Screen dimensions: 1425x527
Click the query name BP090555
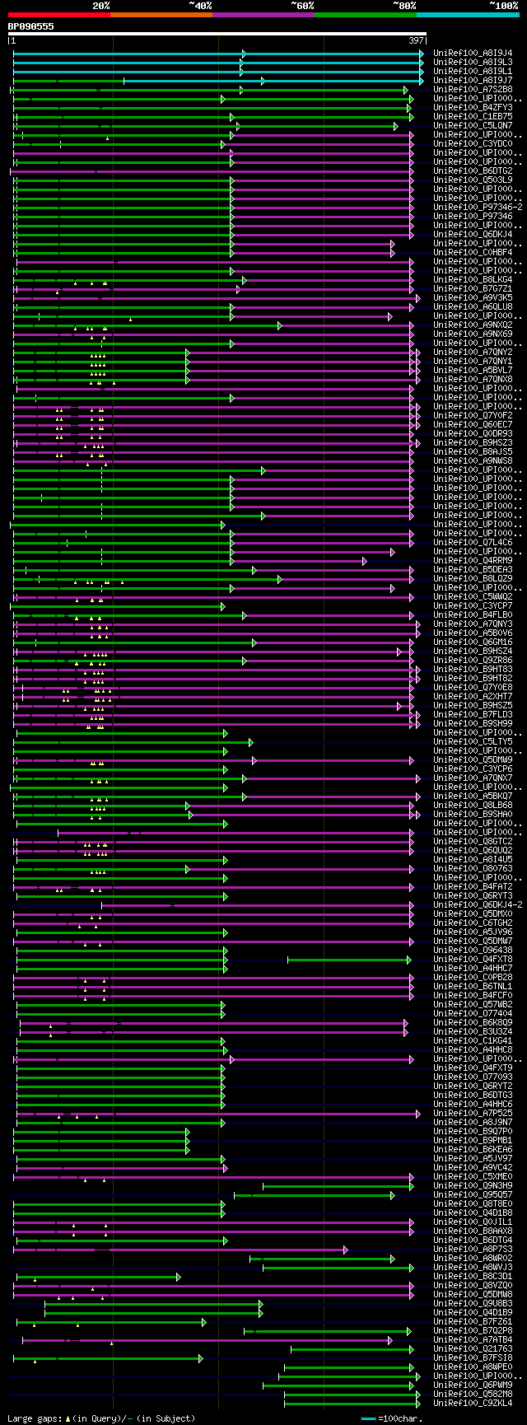(x=31, y=26)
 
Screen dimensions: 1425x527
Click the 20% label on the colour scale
(x=101, y=6)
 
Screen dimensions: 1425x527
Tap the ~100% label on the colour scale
(x=503, y=6)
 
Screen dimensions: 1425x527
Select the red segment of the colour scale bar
(x=58, y=15)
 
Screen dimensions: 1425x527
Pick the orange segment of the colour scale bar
(x=161, y=15)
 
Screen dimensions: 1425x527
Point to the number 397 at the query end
(x=416, y=40)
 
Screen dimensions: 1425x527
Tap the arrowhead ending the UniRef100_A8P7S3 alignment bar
(x=347, y=1249)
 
